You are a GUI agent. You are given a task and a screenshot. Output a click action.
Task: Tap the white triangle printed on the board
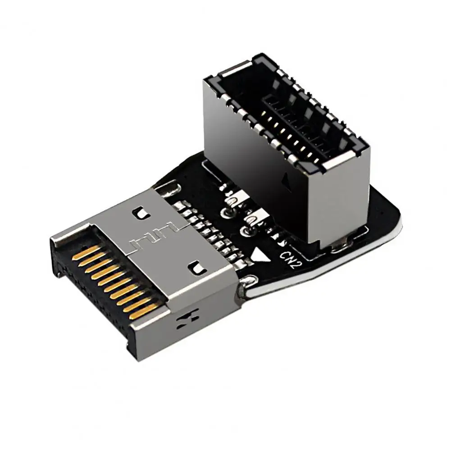(260, 256)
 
